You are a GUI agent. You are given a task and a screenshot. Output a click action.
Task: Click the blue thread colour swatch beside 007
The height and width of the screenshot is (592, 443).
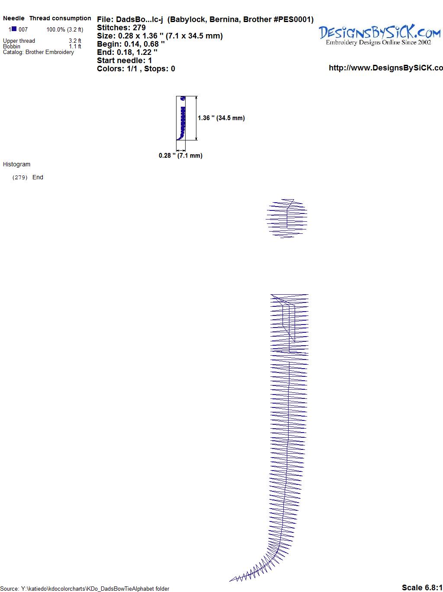[14, 29]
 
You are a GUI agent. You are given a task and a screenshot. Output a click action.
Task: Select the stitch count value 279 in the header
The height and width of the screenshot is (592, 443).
[139, 28]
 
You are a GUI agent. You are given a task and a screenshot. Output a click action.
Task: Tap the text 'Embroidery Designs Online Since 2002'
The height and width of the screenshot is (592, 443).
[378, 42]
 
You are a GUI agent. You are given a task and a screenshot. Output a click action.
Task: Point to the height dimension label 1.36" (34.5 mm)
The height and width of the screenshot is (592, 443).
[221, 118]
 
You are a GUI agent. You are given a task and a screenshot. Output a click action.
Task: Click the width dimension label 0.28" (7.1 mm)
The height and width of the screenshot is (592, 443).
[180, 156]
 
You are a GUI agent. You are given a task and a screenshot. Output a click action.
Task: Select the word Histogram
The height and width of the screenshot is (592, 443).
[16, 164]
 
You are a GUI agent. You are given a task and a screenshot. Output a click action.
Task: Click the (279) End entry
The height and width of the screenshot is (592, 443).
[28, 177]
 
